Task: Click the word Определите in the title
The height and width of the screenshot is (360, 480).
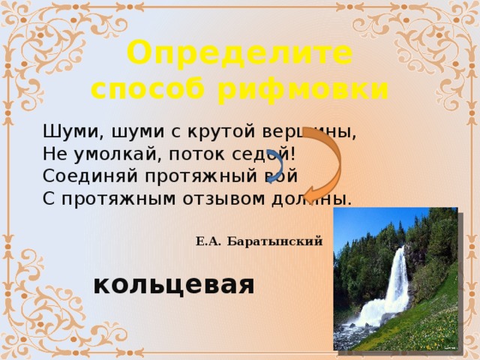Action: tap(239, 55)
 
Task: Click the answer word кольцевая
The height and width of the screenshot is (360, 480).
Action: tap(174, 285)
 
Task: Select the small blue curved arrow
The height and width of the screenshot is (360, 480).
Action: tap(275, 166)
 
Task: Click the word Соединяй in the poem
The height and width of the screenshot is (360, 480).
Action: tap(79, 176)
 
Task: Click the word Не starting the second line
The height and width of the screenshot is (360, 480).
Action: tap(51, 154)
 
